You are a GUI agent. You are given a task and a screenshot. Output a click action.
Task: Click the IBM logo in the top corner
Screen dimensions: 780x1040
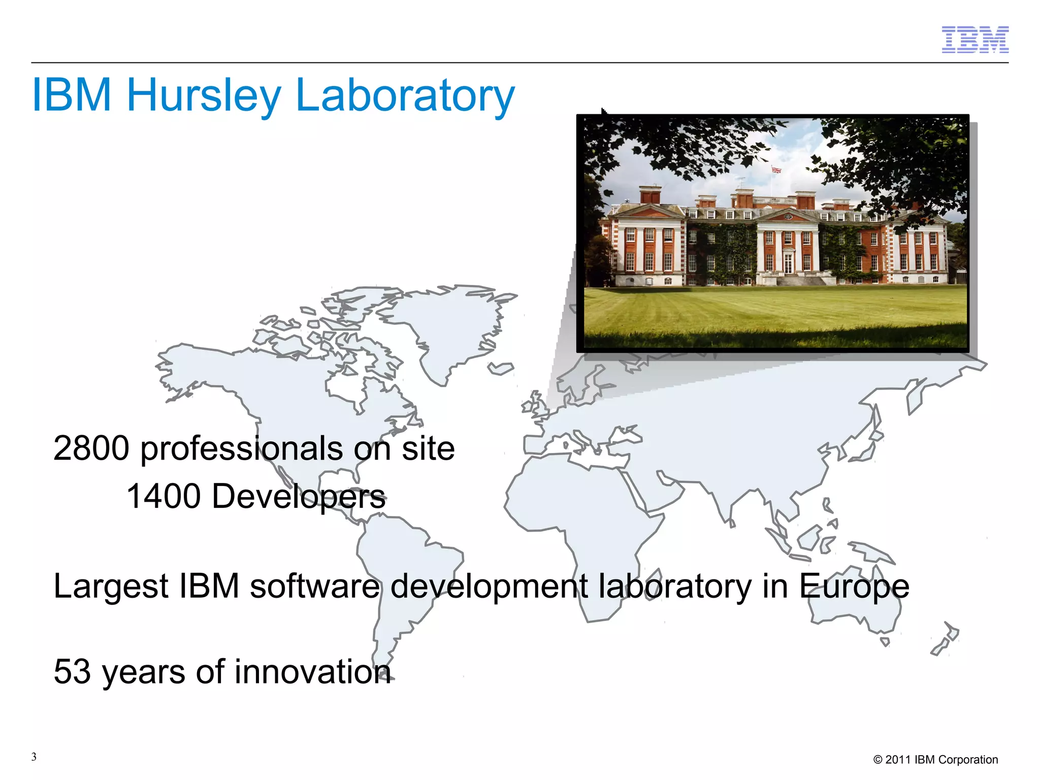(x=975, y=40)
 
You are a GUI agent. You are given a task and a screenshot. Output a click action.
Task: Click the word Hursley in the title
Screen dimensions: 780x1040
(x=204, y=95)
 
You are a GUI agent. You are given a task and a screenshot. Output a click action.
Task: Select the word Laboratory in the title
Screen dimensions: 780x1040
(x=405, y=95)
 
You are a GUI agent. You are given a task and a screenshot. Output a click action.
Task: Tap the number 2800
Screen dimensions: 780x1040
(x=91, y=448)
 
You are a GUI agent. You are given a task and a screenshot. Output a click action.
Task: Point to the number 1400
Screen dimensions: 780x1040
(x=164, y=496)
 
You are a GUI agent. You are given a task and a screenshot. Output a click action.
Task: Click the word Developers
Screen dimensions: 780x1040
(x=299, y=496)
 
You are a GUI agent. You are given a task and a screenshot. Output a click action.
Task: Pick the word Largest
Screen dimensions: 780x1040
(x=111, y=587)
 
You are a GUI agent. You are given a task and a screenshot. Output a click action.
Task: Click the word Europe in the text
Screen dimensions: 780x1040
(x=854, y=587)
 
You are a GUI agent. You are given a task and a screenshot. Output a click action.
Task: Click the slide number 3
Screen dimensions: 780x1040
(x=34, y=757)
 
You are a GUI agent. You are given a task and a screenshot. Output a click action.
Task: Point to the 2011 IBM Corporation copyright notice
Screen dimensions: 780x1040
(x=935, y=760)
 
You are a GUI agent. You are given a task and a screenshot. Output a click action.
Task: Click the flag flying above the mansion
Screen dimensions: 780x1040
(x=775, y=170)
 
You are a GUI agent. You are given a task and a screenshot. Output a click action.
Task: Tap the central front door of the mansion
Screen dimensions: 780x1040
(x=788, y=264)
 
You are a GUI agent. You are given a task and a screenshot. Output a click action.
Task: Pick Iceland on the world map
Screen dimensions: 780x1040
(x=501, y=368)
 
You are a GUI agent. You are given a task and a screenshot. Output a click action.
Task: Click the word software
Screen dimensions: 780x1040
(x=314, y=587)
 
